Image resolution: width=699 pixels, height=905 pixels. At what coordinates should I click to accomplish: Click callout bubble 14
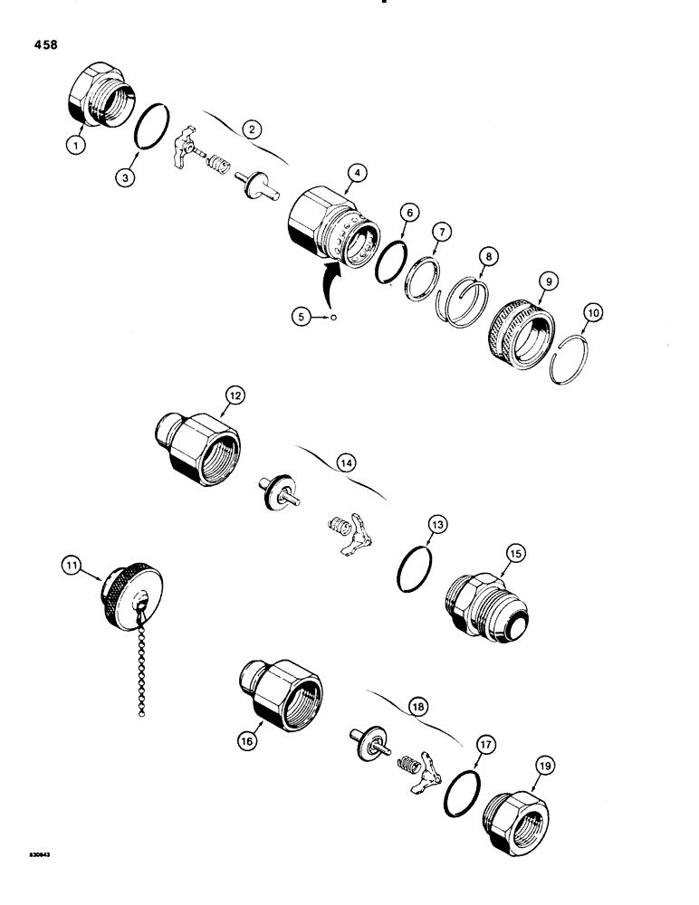tap(346, 462)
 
